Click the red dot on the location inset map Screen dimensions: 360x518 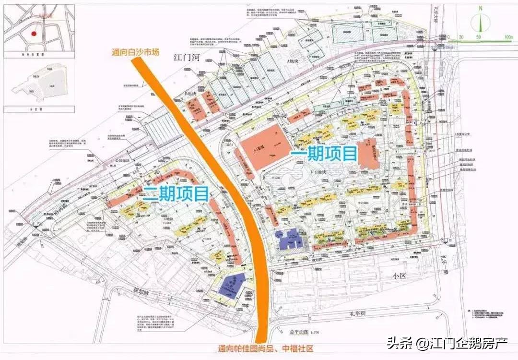click(x=33, y=34)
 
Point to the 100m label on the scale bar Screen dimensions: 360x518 click(x=508, y=37)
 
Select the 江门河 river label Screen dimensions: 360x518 click(x=187, y=58)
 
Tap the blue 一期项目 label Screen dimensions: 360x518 click(x=324, y=154)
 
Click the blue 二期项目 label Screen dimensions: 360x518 click(x=176, y=193)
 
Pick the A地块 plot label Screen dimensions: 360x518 click(x=292, y=61)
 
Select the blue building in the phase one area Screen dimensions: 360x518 click(x=290, y=238)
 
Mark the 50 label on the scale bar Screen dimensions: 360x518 click(x=478, y=37)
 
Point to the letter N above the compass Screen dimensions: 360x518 click(x=481, y=8)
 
